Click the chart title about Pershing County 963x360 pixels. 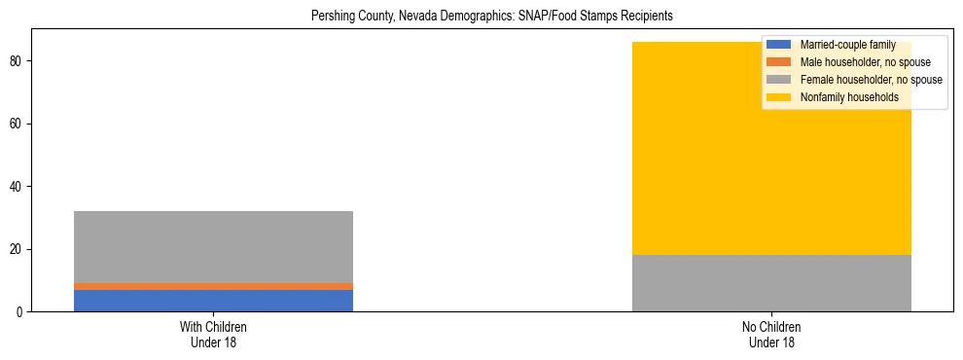point(491,17)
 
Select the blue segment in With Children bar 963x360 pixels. point(213,301)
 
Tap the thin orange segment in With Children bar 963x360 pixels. point(213,286)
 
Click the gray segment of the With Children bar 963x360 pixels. point(213,247)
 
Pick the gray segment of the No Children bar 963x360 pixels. point(771,283)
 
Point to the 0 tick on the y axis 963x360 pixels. point(19,312)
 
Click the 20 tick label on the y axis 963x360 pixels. point(17,249)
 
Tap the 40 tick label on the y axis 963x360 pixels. point(17,187)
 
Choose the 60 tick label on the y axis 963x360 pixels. point(17,124)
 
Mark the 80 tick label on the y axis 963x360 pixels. point(17,61)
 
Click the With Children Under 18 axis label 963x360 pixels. point(213,335)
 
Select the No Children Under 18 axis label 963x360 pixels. point(771,335)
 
